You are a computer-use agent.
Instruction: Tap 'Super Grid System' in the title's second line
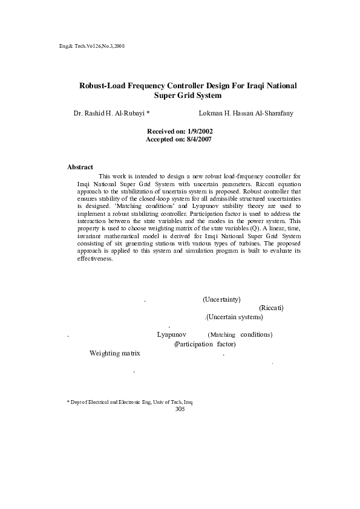[188, 96]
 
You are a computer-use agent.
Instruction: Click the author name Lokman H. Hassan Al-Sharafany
[246, 113]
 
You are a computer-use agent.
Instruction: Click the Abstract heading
[80, 166]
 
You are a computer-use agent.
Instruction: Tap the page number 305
[179, 409]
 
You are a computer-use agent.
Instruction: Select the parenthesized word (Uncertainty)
[221, 299]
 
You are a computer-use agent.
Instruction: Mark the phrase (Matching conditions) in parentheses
[240, 334]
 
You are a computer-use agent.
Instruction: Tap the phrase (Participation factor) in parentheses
[205, 343]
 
